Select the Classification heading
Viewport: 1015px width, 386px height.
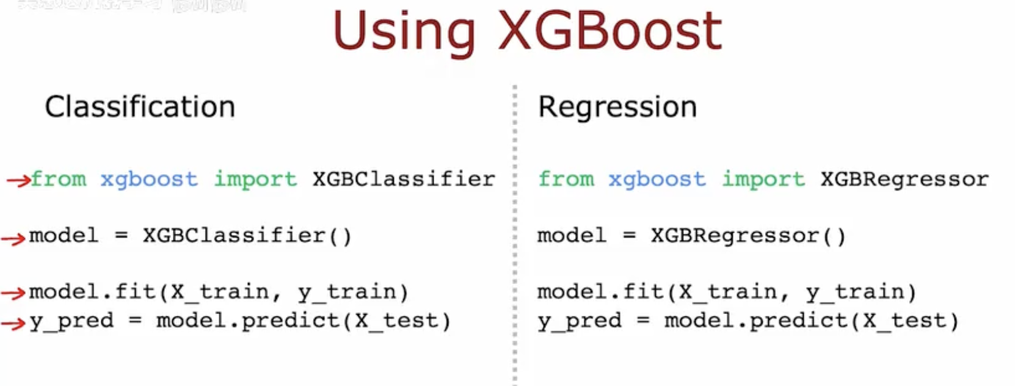pos(140,107)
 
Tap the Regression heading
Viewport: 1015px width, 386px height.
pos(617,107)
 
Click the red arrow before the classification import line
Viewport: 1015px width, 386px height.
pos(18,180)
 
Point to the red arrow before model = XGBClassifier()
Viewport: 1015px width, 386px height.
pos(13,239)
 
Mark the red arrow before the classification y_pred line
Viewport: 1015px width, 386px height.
pos(13,323)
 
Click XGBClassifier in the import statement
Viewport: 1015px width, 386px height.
pos(404,179)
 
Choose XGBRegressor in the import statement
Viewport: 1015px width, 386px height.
pos(904,179)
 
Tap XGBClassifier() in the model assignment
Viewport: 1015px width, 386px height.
pos(247,236)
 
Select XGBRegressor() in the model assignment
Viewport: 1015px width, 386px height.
pos(748,236)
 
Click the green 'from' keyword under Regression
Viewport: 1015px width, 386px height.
pos(566,179)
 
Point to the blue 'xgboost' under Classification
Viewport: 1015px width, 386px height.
pos(149,179)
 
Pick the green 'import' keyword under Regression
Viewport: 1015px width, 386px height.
pos(763,179)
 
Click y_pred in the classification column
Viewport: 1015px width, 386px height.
pos(71,321)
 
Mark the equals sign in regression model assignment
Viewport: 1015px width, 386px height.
pos(629,236)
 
